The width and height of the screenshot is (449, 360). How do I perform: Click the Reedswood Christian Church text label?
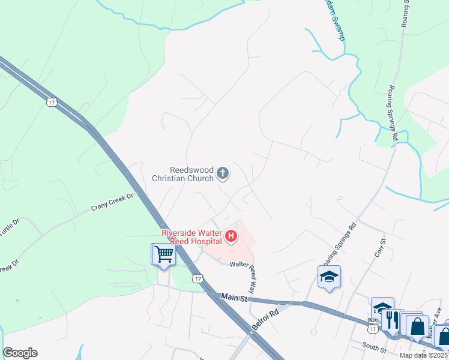pos(182,174)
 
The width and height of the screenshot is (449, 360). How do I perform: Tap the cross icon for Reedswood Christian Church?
pos(223,174)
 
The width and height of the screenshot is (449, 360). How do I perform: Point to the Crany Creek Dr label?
pos(111,203)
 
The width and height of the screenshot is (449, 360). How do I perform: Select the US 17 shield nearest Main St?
pos(197,278)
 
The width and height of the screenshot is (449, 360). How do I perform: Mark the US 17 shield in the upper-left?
pos(52,102)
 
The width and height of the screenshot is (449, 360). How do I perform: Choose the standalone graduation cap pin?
pos(329,277)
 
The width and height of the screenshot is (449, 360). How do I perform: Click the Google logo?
pos(20,353)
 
